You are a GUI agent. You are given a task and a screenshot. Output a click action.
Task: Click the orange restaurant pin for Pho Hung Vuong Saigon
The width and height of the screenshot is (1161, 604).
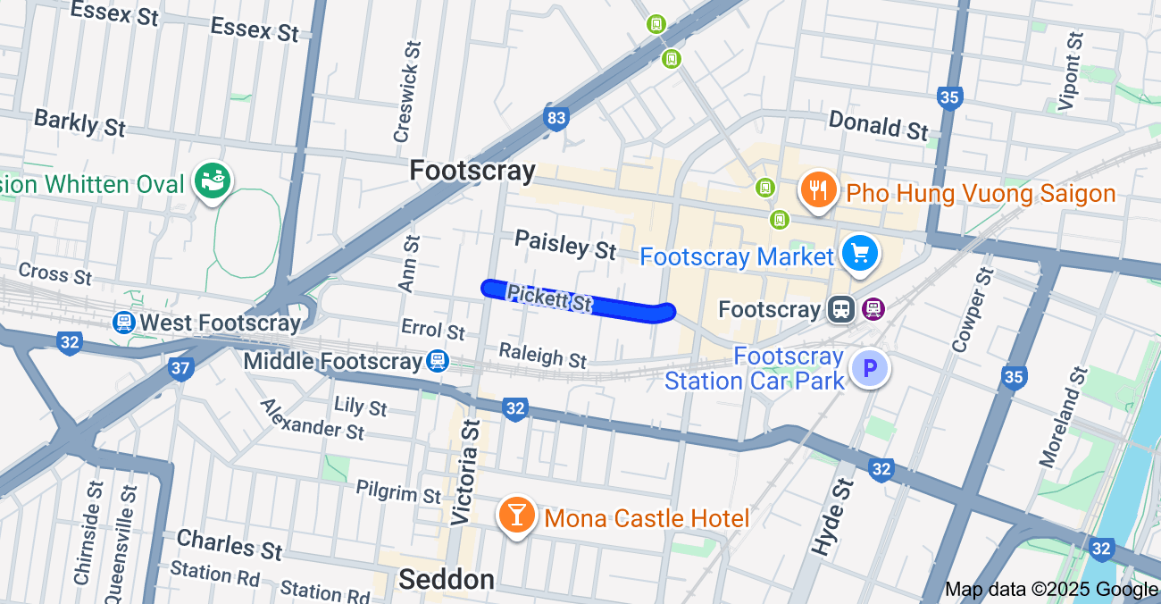(x=816, y=189)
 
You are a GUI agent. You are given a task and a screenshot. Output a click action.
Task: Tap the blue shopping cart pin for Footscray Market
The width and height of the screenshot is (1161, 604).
(x=860, y=254)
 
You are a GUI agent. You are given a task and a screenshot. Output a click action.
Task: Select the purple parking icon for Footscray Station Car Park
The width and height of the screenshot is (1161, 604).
(x=869, y=368)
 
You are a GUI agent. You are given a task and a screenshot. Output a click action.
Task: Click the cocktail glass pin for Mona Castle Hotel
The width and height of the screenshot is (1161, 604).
(x=516, y=516)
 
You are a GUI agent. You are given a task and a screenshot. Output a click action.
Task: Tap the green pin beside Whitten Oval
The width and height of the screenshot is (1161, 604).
(x=213, y=180)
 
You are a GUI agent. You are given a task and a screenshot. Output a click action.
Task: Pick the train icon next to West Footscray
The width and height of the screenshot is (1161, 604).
(x=124, y=323)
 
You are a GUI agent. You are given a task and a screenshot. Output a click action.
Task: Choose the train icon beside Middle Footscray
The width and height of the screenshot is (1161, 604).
(x=437, y=360)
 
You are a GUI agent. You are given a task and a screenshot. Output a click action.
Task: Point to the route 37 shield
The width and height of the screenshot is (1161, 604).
(x=180, y=367)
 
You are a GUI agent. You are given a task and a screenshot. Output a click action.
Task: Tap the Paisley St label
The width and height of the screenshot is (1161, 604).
(x=565, y=244)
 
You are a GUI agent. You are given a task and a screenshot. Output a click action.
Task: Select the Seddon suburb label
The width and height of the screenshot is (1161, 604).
(x=447, y=580)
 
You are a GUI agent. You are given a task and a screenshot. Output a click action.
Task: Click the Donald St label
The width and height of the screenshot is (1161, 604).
(x=878, y=125)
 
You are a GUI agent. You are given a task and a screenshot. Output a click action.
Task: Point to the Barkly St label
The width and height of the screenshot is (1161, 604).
(x=79, y=122)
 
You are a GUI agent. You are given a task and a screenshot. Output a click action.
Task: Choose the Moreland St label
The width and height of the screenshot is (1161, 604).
(x=1062, y=416)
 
